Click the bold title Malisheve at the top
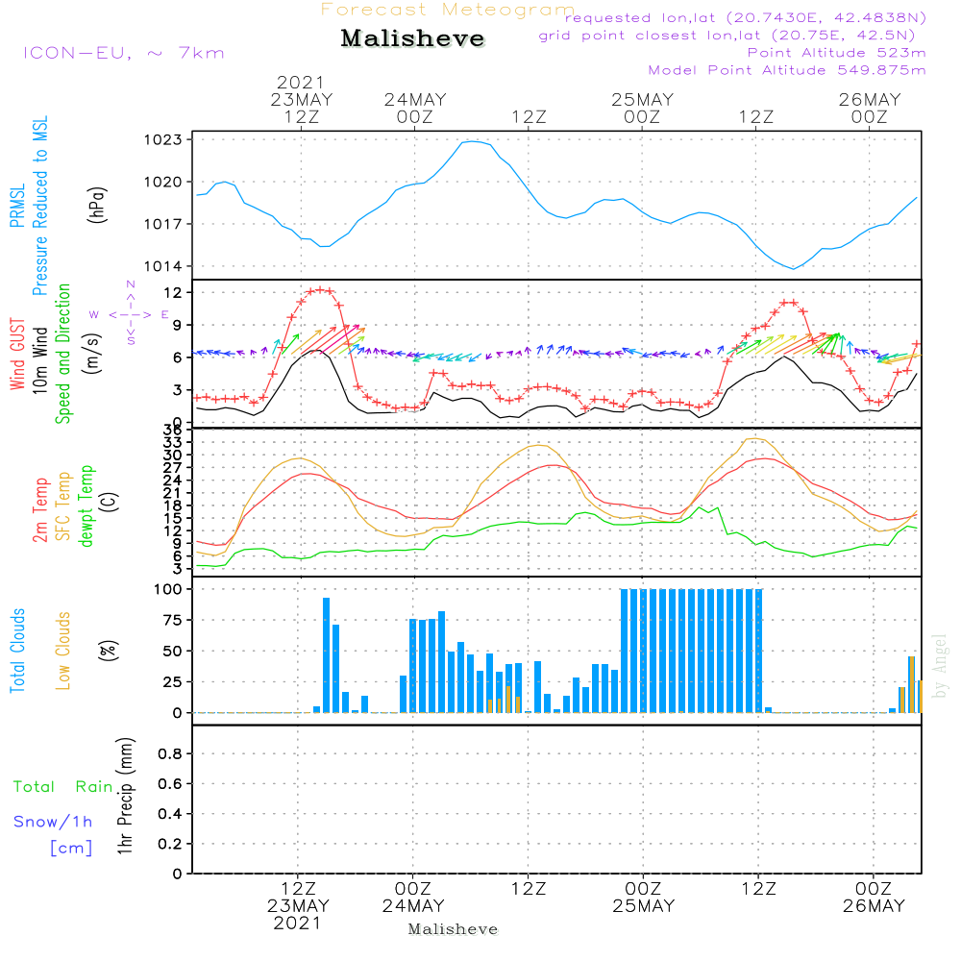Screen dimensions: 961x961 coord(412,38)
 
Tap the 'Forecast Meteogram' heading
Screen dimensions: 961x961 coord(448,10)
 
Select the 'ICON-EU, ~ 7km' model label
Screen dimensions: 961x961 coord(124,53)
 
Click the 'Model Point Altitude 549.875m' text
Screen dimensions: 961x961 coord(787,70)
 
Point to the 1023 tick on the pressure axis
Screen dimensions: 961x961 coord(163,139)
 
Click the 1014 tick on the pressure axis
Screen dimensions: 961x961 coord(163,266)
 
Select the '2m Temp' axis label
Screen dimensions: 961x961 coord(39,510)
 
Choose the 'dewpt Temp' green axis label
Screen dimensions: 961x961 coord(86,506)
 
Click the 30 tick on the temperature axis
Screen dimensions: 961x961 coord(173,455)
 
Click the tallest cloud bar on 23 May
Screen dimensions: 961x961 coord(326,655)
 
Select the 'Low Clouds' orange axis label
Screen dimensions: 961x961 coord(63,651)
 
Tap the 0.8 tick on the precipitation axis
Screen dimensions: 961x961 coord(170,753)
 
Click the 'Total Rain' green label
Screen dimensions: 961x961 coord(63,787)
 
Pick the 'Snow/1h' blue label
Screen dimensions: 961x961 coord(53,822)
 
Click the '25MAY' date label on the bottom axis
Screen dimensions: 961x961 coord(643,906)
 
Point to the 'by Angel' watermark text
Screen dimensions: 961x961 coord(940,666)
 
